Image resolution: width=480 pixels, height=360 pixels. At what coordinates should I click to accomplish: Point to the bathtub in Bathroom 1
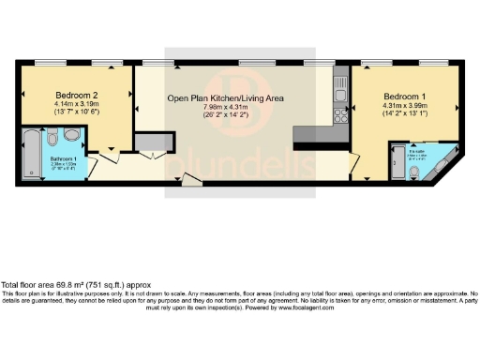(30, 153)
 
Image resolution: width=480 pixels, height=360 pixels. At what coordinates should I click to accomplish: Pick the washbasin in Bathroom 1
(74, 136)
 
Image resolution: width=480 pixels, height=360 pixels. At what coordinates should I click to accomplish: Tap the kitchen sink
(340, 91)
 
